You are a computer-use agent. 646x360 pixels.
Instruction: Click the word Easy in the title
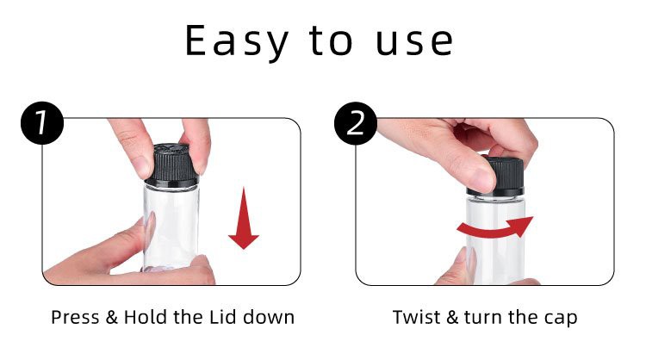coord(237,41)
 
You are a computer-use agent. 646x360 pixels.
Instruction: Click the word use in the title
coord(414,42)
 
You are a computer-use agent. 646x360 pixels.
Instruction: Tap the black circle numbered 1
coord(42,123)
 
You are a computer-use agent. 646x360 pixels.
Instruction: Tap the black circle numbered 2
coord(356,123)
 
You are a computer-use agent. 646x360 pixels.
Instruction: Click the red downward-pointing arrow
coord(244,218)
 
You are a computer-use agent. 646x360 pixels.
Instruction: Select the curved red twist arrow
coord(495,229)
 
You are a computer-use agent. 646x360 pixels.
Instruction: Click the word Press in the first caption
coord(76,318)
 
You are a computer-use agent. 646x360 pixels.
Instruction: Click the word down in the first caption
coord(269,317)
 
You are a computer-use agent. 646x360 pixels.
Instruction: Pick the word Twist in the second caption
coord(417,317)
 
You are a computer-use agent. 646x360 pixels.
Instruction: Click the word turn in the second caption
coord(483,318)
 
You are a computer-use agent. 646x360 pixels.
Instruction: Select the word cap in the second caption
coord(561,320)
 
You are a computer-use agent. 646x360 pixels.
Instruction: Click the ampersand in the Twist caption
coord(452,317)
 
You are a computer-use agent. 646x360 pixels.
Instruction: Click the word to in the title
coord(331,41)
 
